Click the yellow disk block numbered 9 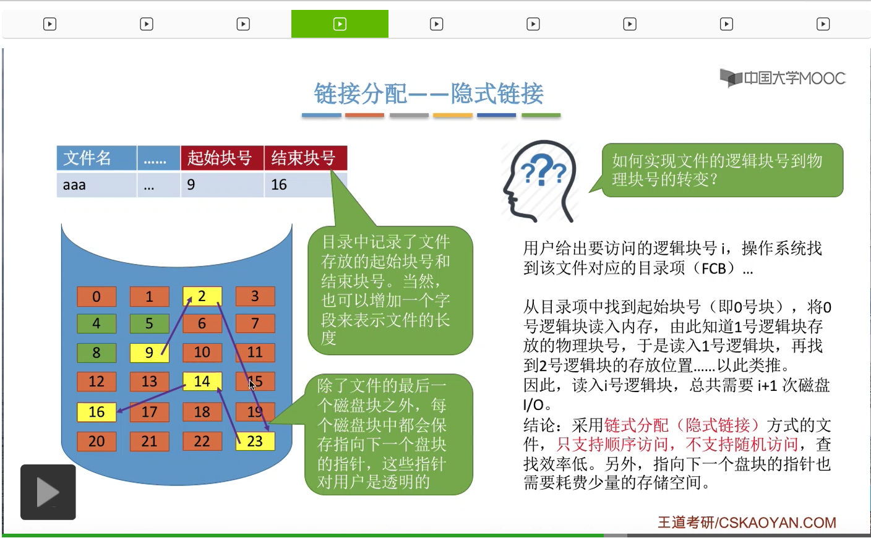click(x=149, y=352)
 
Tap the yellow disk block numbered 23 click(x=255, y=441)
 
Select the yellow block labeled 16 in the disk click(x=97, y=412)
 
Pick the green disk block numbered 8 click(x=97, y=352)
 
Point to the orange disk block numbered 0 click(x=97, y=296)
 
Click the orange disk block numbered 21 click(x=149, y=441)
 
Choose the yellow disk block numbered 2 click(x=202, y=296)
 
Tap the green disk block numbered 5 click(x=149, y=323)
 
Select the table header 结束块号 click(x=305, y=158)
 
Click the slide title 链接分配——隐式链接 click(x=429, y=94)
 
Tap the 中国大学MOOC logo click(x=783, y=79)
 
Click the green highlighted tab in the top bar click(x=340, y=24)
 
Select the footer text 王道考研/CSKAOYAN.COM click(x=747, y=523)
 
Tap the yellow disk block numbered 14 click(x=202, y=382)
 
